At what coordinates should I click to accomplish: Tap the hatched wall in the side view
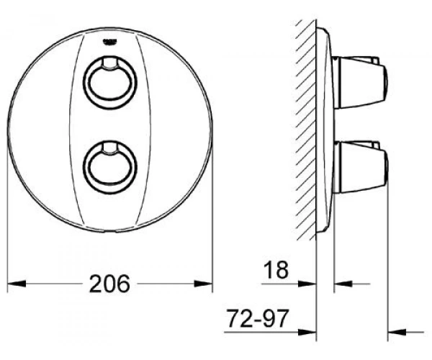[305, 130]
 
